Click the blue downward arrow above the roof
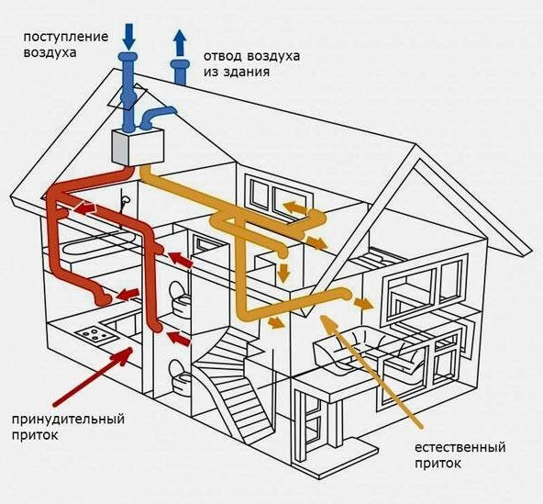coord(128,36)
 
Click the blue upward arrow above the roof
coord(180,43)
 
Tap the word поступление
coord(66,37)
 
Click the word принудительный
coord(68,420)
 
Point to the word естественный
coord(460,447)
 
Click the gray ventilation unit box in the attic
coord(138,146)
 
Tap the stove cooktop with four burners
coord(94,333)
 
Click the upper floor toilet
coord(179,297)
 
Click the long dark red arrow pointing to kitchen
coord(93,376)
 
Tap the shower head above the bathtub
coord(126,201)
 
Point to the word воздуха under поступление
coord(50,53)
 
